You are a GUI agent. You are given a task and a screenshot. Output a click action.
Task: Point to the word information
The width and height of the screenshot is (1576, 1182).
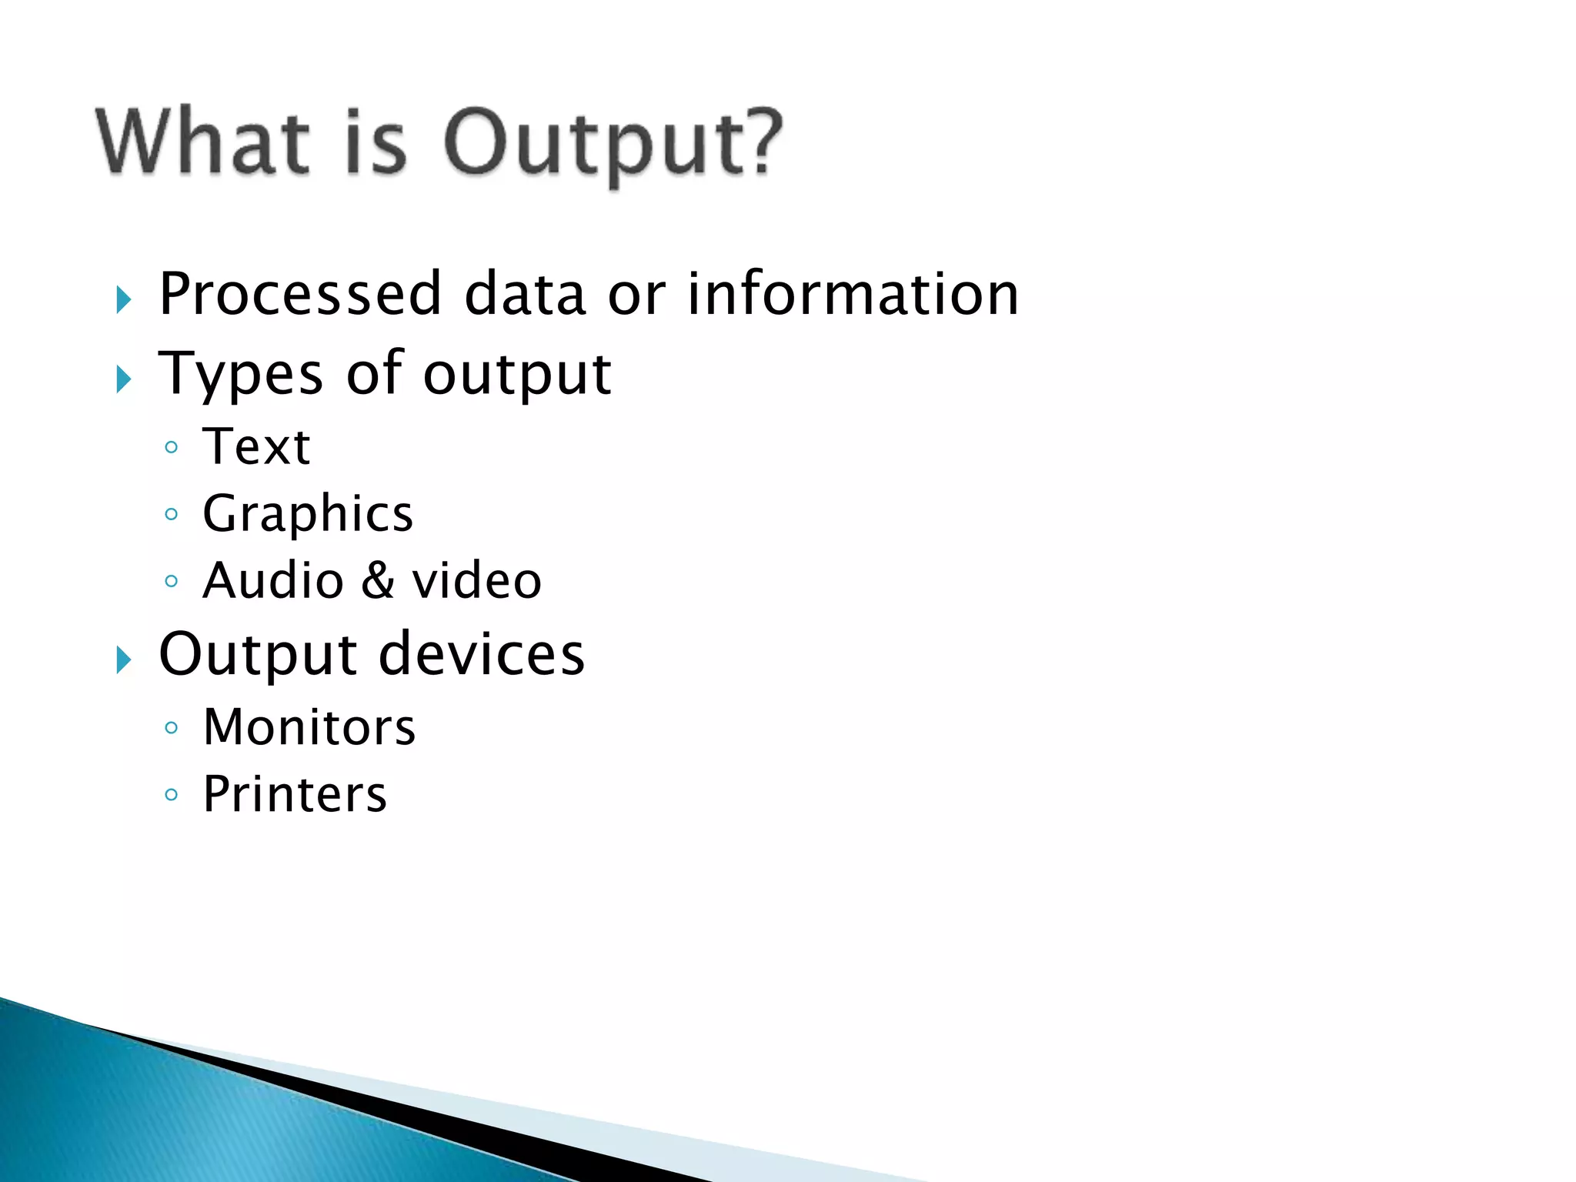pos(853,294)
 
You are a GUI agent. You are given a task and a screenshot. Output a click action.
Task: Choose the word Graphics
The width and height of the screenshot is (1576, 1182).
pos(308,514)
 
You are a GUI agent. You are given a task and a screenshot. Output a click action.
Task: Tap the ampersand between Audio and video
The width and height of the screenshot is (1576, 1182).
pos(377,581)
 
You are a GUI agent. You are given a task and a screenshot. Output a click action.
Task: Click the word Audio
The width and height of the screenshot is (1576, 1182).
pos(273,581)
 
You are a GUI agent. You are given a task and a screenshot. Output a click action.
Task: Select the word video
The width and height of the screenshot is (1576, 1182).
pos(477,581)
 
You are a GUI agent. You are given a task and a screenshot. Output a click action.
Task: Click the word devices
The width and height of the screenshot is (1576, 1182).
pos(482,654)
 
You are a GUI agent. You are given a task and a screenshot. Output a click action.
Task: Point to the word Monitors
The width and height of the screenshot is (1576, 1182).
pos(309,727)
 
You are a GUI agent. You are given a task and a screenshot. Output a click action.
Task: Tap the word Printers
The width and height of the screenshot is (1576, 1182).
pos(295,794)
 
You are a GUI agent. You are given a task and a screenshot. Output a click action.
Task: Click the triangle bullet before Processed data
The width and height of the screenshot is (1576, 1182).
pos(124,299)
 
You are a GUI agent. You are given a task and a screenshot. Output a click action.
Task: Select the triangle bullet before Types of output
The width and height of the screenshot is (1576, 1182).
pos(124,379)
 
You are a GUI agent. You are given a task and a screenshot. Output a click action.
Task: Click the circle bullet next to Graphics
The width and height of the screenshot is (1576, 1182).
pos(172,514)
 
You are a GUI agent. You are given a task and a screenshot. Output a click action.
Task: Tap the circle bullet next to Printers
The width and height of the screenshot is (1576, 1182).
pos(172,794)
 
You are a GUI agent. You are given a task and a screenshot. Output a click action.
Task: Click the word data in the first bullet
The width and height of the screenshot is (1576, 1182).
pos(525,294)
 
